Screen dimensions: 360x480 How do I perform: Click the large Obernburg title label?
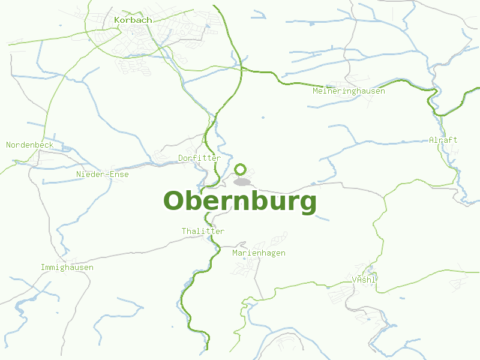(239, 202)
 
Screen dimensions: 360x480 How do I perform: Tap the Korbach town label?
(133, 20)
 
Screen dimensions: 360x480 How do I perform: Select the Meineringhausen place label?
(349, 91)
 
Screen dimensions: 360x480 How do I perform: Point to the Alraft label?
(443, 140)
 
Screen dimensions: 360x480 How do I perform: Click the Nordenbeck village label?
(30, 145)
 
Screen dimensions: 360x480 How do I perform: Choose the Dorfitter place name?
(199, 158)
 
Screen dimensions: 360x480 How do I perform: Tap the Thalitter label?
(203, 231)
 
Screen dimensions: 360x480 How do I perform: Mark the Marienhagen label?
(259, 253)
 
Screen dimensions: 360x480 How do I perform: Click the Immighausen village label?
(67, 267)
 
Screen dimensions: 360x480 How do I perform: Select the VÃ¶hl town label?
(364, 280)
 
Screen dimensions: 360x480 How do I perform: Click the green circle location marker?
(241, 169)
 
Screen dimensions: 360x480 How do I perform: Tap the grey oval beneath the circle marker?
(242, 182)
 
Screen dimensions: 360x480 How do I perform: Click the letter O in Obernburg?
(174, 202)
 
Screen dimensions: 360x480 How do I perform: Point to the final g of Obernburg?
(307, 204)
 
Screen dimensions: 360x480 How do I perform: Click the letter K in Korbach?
(116, 20)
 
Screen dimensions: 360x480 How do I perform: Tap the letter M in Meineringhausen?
(315, 91)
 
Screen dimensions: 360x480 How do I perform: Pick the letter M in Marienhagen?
(235, 253)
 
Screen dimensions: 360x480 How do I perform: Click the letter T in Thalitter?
(184, 231)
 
